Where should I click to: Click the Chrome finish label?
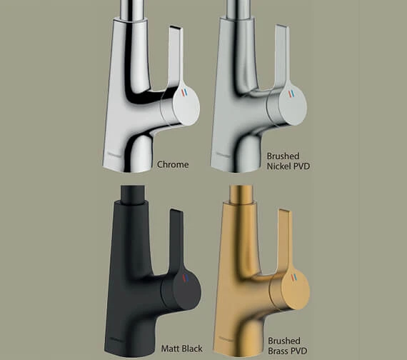(173, 165)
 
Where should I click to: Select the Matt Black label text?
(181, 349)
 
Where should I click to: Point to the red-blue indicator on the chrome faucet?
(184, 92)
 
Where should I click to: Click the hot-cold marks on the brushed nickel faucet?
(291, 94)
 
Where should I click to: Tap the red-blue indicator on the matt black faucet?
(185, 278)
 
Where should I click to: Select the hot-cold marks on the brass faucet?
(294, 278)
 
